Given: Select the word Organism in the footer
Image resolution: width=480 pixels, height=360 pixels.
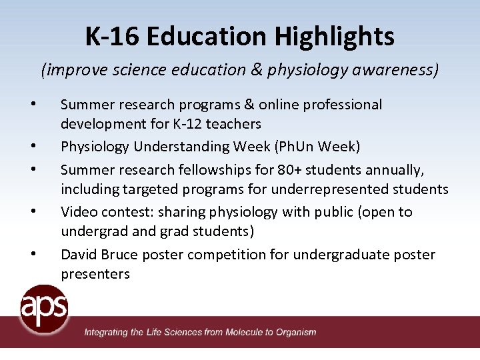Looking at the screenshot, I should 297,332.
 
